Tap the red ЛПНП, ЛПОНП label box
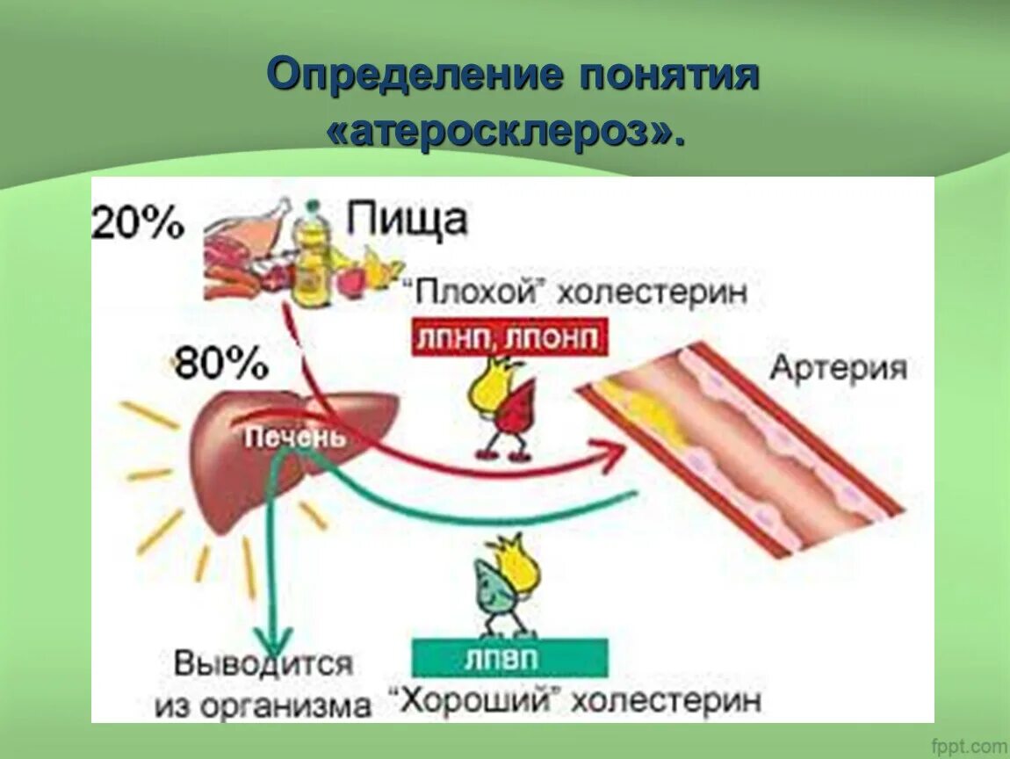point(509,336)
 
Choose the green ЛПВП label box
point(509,657)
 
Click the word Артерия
point(838,366)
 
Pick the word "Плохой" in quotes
point(472,292)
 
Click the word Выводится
point(263,663)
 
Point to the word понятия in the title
point(667,76)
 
